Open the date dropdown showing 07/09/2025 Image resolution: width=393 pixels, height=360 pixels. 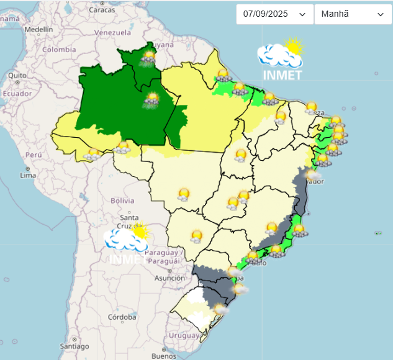(274, 14)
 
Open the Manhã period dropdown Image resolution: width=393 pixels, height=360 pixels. (352, 14)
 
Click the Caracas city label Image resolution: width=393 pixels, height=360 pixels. (102, 10)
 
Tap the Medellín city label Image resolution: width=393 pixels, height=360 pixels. (38, 29)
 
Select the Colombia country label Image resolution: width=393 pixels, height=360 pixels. (59, 50)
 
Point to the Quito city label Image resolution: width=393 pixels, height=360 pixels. (17, 75)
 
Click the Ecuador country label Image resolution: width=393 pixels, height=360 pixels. (17, 94)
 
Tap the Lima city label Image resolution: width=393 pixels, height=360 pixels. (28, 175)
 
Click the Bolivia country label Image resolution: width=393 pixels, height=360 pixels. (122, 200)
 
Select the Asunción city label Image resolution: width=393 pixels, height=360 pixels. (169, 278)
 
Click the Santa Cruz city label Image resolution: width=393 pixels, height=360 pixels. (129, 222)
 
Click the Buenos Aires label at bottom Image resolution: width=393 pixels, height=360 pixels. (164, 356)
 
